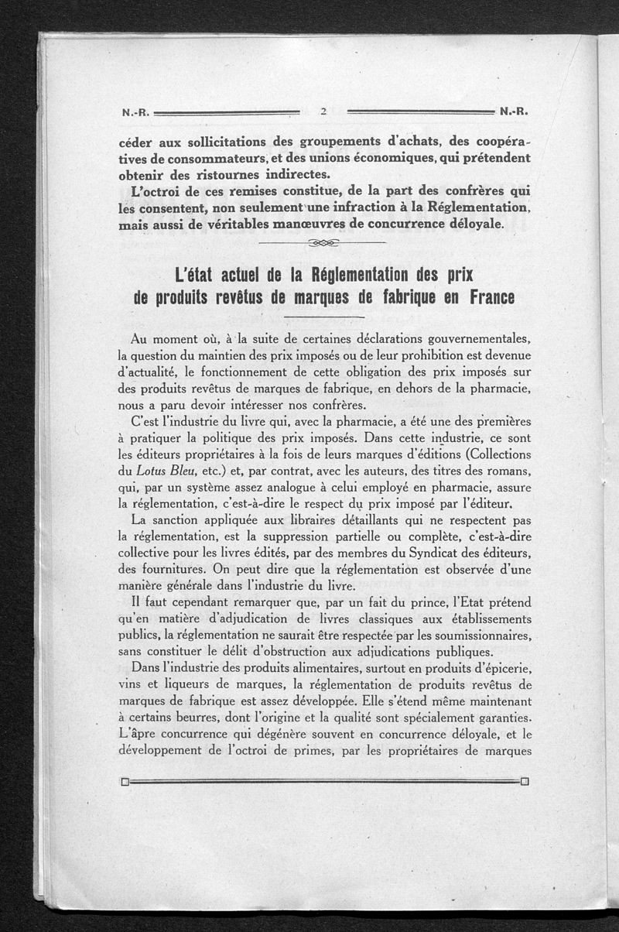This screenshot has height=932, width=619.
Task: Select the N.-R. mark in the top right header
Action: [x=514, y=111]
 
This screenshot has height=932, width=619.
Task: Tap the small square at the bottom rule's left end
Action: [x=125, y=781]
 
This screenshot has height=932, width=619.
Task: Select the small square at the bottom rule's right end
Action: [x=525, y=780]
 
